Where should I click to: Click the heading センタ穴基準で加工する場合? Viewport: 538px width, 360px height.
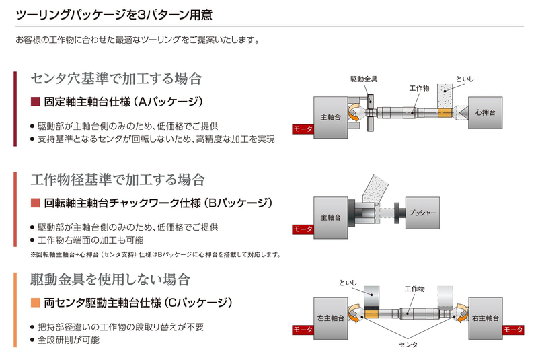pyautogui.click(x=116, y=79)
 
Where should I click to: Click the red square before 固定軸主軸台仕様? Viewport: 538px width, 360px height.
pyautogui.click(x=36, y=102)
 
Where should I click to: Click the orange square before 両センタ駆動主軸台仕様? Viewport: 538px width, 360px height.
pyautogui.click(x=36, y=302)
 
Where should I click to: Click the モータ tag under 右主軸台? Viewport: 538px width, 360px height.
pyautogui.click(x=513, y=330)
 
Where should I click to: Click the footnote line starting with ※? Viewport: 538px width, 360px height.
pyautogui.click(x=155, y=254)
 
